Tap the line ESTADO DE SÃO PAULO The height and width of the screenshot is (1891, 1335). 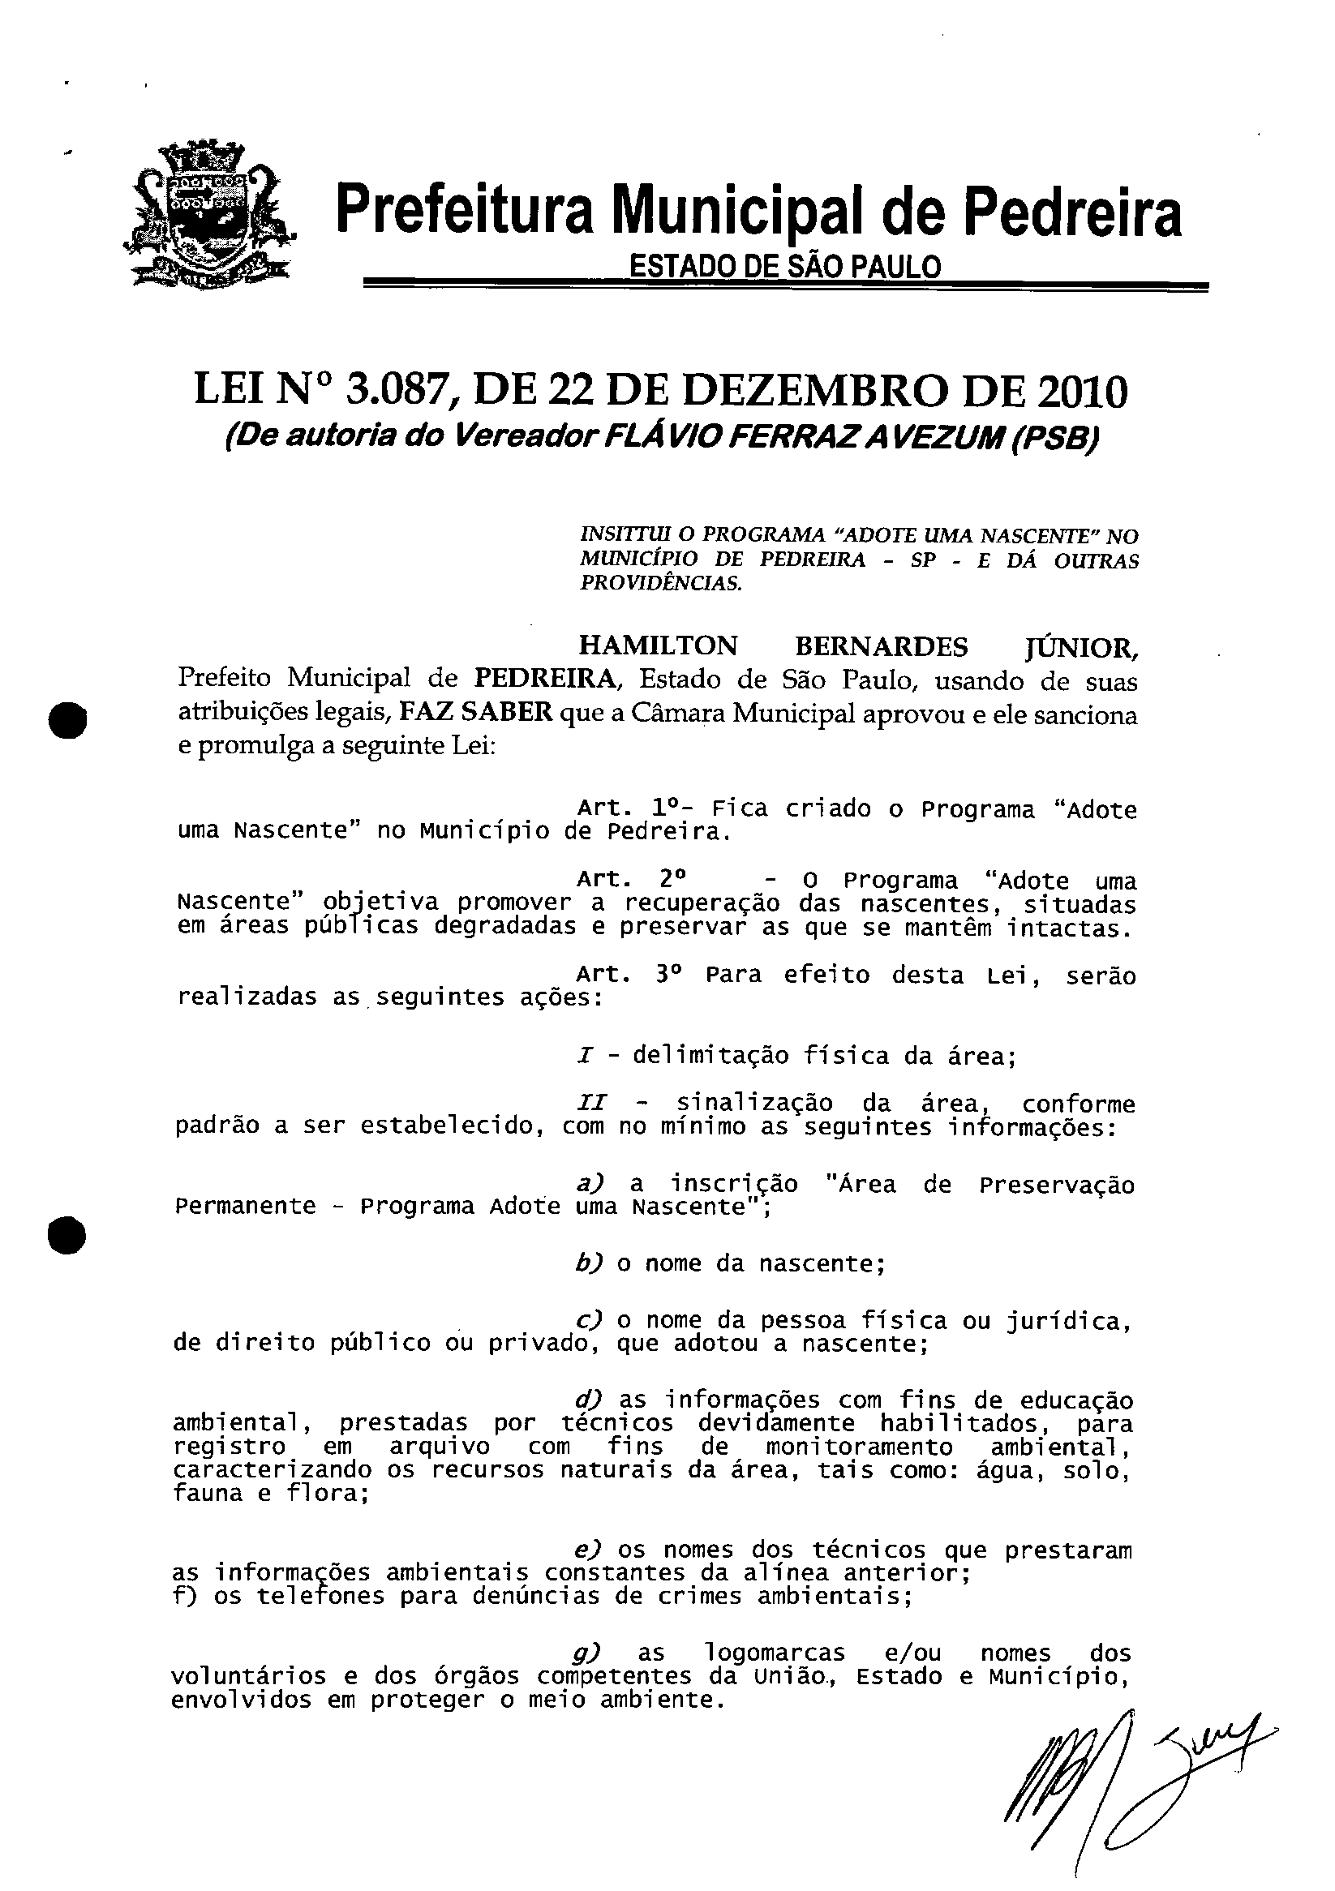[784, 266]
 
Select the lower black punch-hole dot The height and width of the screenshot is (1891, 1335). [67, 1233]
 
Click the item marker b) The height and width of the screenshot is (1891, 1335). [590, 1263]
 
